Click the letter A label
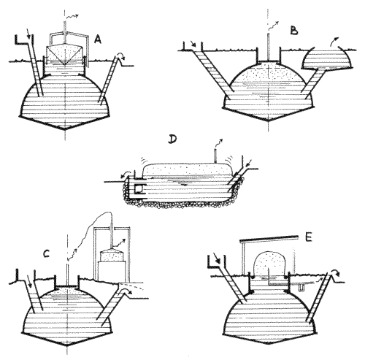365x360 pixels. [x=98, y=39]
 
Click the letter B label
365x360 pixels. [x=294, y=31]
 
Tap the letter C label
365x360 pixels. [x=46, y=254]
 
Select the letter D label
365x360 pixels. [x=172, y=139]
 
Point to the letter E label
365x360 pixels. [x=308, y=237]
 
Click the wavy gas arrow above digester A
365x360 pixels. [x=72, y=17]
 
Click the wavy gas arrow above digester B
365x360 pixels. [x=274, y=25]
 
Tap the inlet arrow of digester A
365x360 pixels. [x=28, y=34]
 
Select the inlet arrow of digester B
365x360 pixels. [x=193, y=43]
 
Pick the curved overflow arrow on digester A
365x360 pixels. [x=120, y=55]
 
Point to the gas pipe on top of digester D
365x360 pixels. [x=215, y=156]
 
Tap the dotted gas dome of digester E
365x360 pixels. [x=269, y=264]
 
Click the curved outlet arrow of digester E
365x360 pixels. [x=336, y=272]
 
